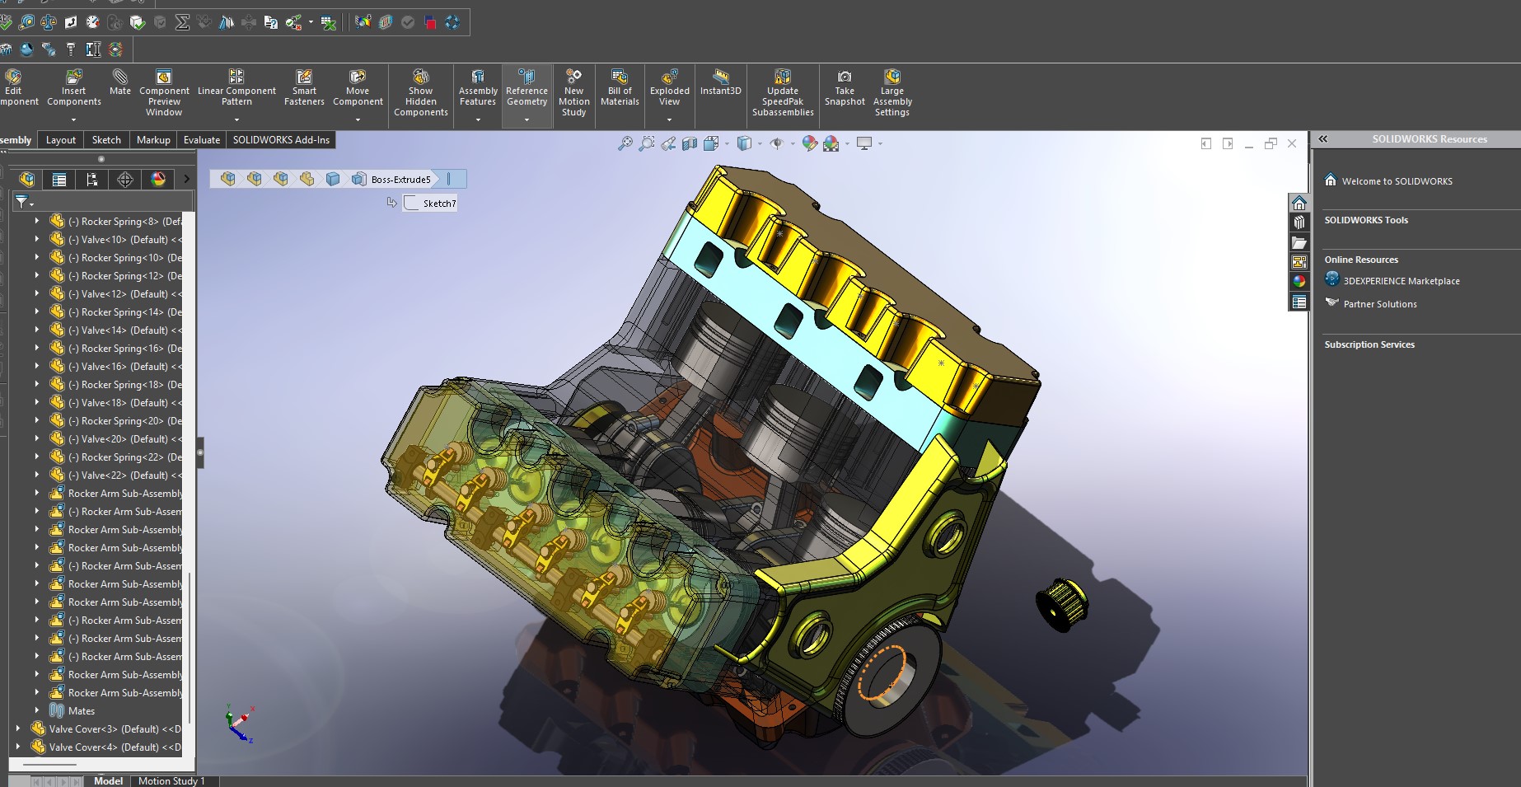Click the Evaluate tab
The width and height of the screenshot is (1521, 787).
(201, 140)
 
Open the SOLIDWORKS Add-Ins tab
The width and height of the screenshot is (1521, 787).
(281, 140)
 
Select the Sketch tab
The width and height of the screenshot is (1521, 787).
(106, 140)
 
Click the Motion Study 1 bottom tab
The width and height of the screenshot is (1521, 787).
(171, 780)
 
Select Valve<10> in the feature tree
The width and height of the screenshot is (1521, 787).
(124, 240)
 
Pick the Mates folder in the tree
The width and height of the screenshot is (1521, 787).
(81, 711)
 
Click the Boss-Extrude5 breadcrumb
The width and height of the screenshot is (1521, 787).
(400, 179)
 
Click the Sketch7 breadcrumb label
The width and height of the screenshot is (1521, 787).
(438, 204)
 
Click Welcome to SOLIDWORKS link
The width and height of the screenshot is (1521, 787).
(1397, 181)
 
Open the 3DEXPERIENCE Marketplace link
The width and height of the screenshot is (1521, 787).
(1401, 281)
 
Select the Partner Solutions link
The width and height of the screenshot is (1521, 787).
(1379, 304)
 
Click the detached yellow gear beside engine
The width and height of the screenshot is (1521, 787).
(1060, 604)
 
